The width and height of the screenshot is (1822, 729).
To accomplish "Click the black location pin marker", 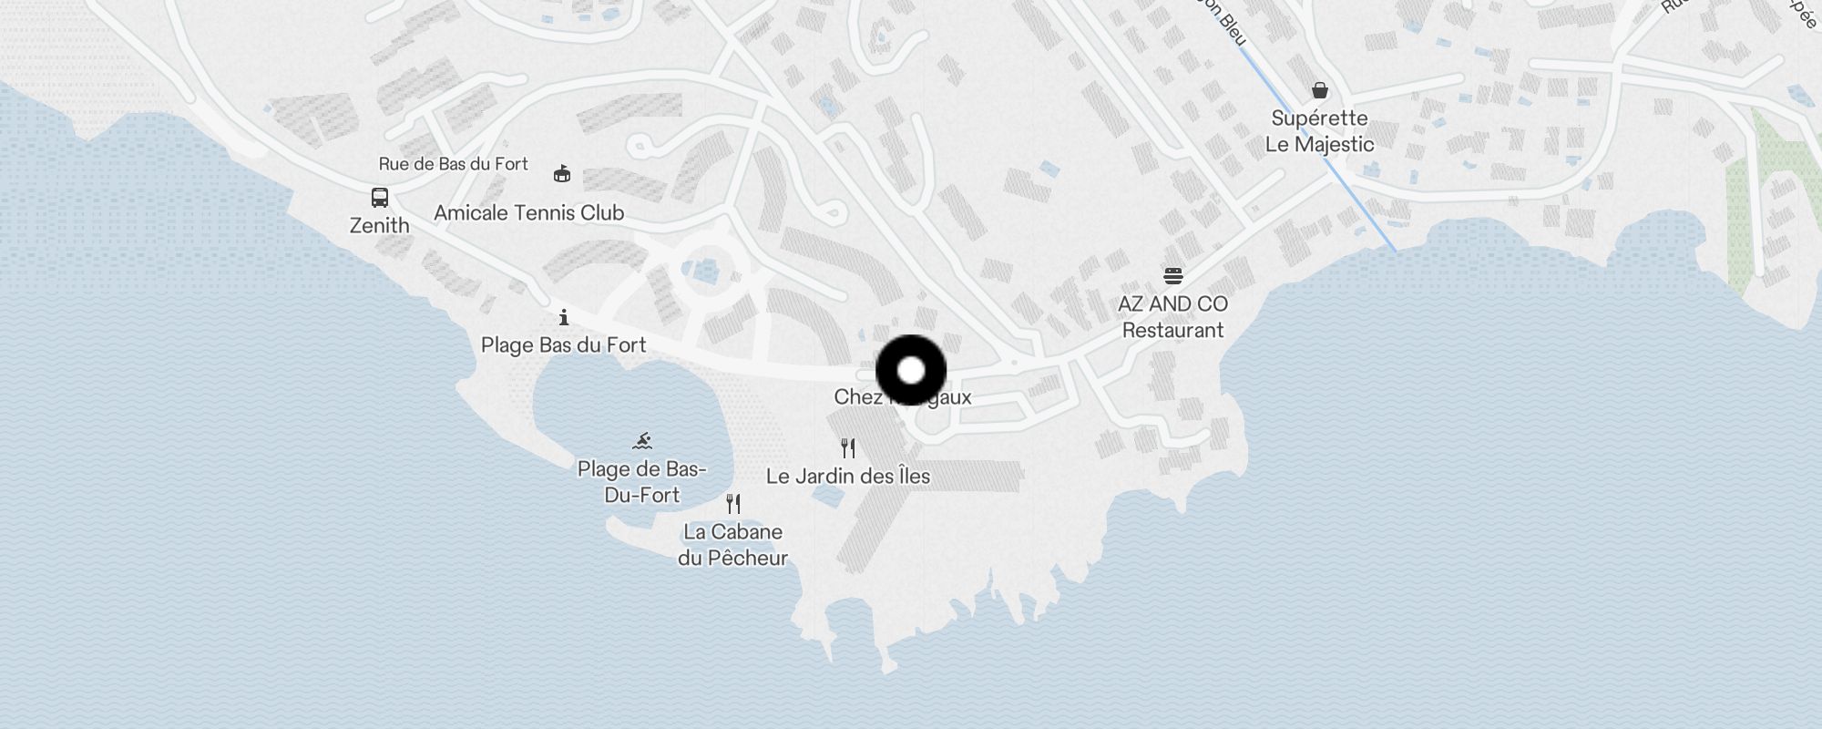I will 911,371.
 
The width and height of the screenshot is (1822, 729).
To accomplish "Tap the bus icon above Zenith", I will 380,198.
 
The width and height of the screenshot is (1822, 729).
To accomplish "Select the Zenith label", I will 380,225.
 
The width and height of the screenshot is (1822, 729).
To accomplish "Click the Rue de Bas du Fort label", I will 453,164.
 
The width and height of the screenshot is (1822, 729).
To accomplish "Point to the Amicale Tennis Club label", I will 528,213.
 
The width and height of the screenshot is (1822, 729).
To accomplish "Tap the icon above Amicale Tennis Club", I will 562,173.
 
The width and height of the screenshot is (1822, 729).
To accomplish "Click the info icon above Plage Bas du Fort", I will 564,317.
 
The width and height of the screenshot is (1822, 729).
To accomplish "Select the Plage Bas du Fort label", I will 563,345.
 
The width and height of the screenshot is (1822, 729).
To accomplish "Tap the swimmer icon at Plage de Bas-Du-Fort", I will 642,441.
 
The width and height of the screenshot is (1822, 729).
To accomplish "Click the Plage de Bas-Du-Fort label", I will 642,482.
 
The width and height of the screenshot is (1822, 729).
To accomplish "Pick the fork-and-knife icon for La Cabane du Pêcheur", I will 733,503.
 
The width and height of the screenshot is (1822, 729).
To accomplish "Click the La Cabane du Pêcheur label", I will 732,545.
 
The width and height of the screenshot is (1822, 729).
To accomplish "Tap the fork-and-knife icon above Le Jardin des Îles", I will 848,447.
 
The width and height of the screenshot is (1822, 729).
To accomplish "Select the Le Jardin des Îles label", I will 847,476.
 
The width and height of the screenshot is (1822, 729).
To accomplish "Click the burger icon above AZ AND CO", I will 1173,275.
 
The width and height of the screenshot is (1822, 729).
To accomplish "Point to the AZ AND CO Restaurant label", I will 1173,317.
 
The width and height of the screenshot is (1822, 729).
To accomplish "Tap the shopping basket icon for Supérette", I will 1320,90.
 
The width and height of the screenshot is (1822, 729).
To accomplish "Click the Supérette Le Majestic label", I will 1319,131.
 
